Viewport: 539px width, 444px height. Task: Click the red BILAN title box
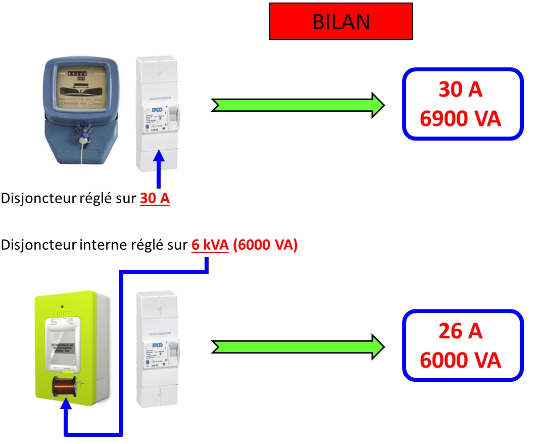pos(341,21)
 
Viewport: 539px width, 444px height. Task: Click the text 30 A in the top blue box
pos(460,90)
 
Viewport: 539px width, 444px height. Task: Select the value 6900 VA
pos(460,119)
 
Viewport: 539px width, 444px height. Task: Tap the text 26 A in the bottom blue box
pos(460,331)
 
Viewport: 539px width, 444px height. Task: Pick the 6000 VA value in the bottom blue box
pos(460,361)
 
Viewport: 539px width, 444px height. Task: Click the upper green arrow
pos(298,105)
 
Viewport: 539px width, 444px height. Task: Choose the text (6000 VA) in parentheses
pos(266,246)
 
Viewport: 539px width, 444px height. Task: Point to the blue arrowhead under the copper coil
pos(66,407)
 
